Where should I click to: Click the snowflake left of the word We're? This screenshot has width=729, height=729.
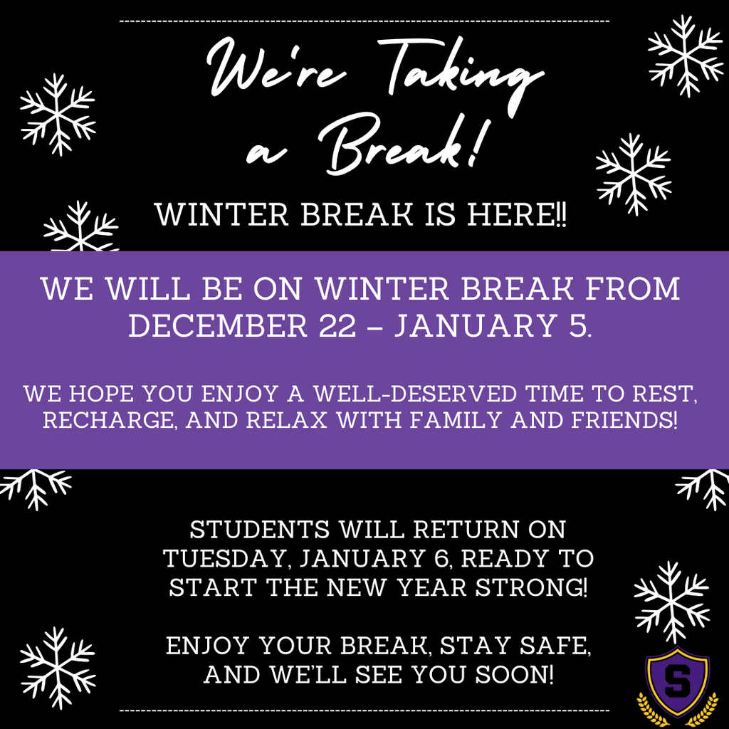click(x=58, y=114)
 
